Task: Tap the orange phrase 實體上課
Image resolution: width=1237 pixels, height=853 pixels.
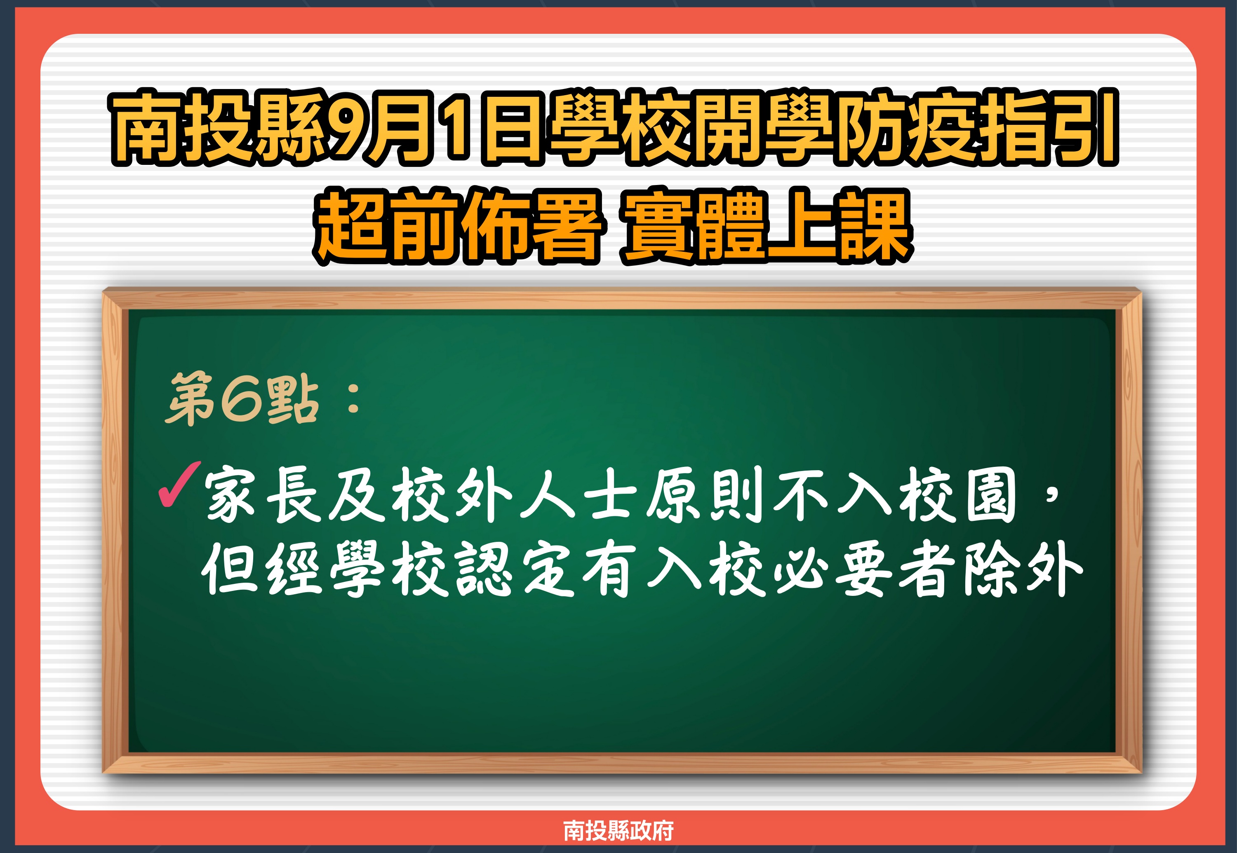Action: click(x=767, y=227)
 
